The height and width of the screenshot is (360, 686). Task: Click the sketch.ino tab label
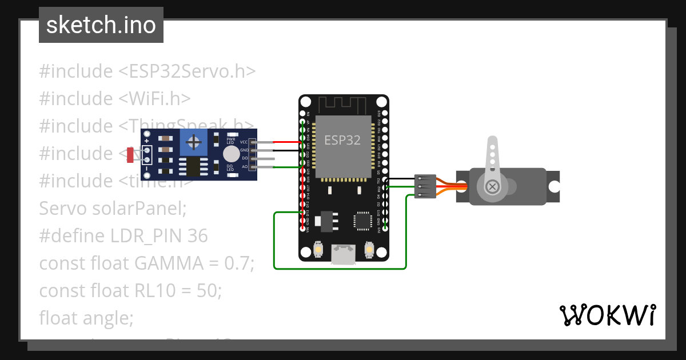101,25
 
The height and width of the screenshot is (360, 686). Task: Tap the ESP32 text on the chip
342,140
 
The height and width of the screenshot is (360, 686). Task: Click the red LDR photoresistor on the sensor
130,154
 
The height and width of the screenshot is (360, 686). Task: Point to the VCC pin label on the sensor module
244,142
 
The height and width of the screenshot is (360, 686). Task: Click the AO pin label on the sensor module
245,167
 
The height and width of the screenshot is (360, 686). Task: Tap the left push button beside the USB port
318,250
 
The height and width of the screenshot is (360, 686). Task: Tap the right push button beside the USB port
369,250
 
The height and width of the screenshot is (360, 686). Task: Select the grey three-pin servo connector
425,187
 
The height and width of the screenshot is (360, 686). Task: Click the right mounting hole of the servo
553,187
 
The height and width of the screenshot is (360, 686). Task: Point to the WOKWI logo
607,315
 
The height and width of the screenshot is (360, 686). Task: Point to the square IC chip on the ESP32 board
362,221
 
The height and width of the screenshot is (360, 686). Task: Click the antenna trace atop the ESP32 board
342,105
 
